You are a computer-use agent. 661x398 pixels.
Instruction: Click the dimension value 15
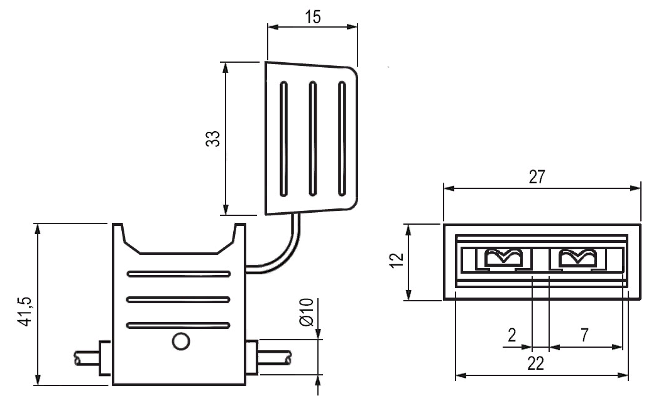tap(312, 17)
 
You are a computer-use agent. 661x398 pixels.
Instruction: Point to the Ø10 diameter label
tap(307, 312)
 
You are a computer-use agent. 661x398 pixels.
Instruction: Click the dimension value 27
tap(536, 177)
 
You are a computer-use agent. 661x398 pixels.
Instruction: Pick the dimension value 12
tap(396, 261)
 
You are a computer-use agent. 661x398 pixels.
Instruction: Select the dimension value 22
tap(535, 363)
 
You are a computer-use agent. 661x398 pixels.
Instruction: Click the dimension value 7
tap(584, 335)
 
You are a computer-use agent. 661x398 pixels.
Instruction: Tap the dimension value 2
tap(512, 335)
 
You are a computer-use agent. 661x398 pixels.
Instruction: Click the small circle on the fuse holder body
tap(180, 342)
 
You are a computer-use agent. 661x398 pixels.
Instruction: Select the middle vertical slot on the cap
tap(313, 137)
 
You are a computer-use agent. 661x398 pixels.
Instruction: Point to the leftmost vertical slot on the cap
tap(284, 137)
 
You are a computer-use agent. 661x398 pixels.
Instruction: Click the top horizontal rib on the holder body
tap(178, 274)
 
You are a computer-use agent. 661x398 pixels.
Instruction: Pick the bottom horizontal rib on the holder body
tap(178, 325)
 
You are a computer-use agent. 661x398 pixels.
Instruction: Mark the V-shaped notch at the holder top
tap(179, 242)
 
